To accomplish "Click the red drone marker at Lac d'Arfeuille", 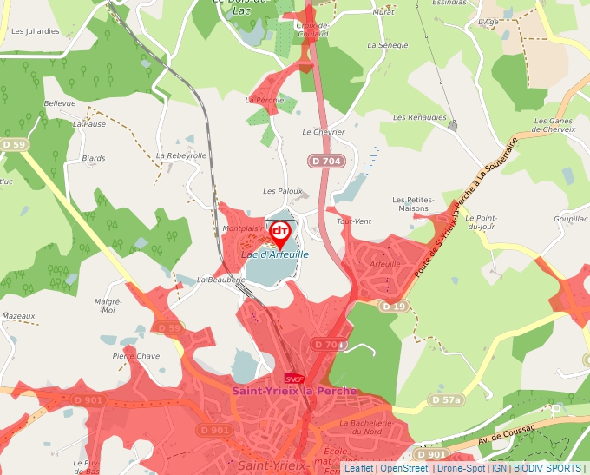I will pyautogui.click(x=280, y=232).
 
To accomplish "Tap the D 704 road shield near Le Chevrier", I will pyautogui.click(x=327, y=161).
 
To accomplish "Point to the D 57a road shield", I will pyautogui.click(x=446, y=399).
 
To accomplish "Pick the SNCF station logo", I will pyautogui.click(x=293, y=379).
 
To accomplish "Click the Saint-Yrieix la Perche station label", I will pyautogui.click(x=294, y=392).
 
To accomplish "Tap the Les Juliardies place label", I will pyautogui.click(x=36, y=30).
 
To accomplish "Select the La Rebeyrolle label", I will pyautogui.click(x=181, y=155).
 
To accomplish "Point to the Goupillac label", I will pyautogui.click(x=570, y=220).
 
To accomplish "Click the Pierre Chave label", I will pyautogui.click(x=136, y=356).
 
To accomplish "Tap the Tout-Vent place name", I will pyautogui.click(x=353, y=221).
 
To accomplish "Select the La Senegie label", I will pyautogui.click(x=387, y=44).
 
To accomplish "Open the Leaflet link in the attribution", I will pyautogui.click(x=358, y=468).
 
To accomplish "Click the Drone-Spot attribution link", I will pyautogui.click(x=461, y=468).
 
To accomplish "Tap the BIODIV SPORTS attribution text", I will pyautogui.click(x=547, y=468).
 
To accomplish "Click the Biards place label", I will pyautogui.click(x=93, y=159).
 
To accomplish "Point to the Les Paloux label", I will pyautogui.click(x=283, y=191).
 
